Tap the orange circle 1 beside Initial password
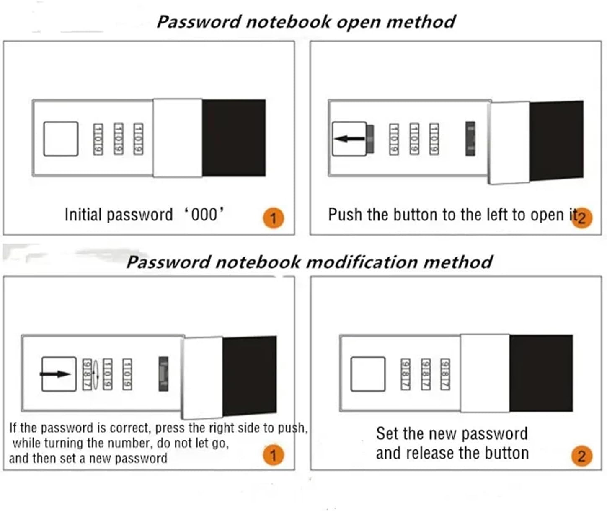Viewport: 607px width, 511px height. (273, 218)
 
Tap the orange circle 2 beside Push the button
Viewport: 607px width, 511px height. (582, 218)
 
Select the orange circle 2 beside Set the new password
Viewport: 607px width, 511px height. (582, 456)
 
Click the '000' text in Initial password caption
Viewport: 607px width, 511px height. (204, 214)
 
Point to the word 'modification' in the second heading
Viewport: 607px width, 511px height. (361, 262)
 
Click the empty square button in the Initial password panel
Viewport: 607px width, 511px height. (61, 139)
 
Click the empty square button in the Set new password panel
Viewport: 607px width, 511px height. (367, 374)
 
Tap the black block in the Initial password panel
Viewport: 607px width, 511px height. (234, 138)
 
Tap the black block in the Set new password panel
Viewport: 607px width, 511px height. (541, 373)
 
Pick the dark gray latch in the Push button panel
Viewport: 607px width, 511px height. (470, 139)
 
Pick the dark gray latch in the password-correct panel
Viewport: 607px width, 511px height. (163, 374)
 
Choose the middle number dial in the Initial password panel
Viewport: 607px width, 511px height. (119, 139)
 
